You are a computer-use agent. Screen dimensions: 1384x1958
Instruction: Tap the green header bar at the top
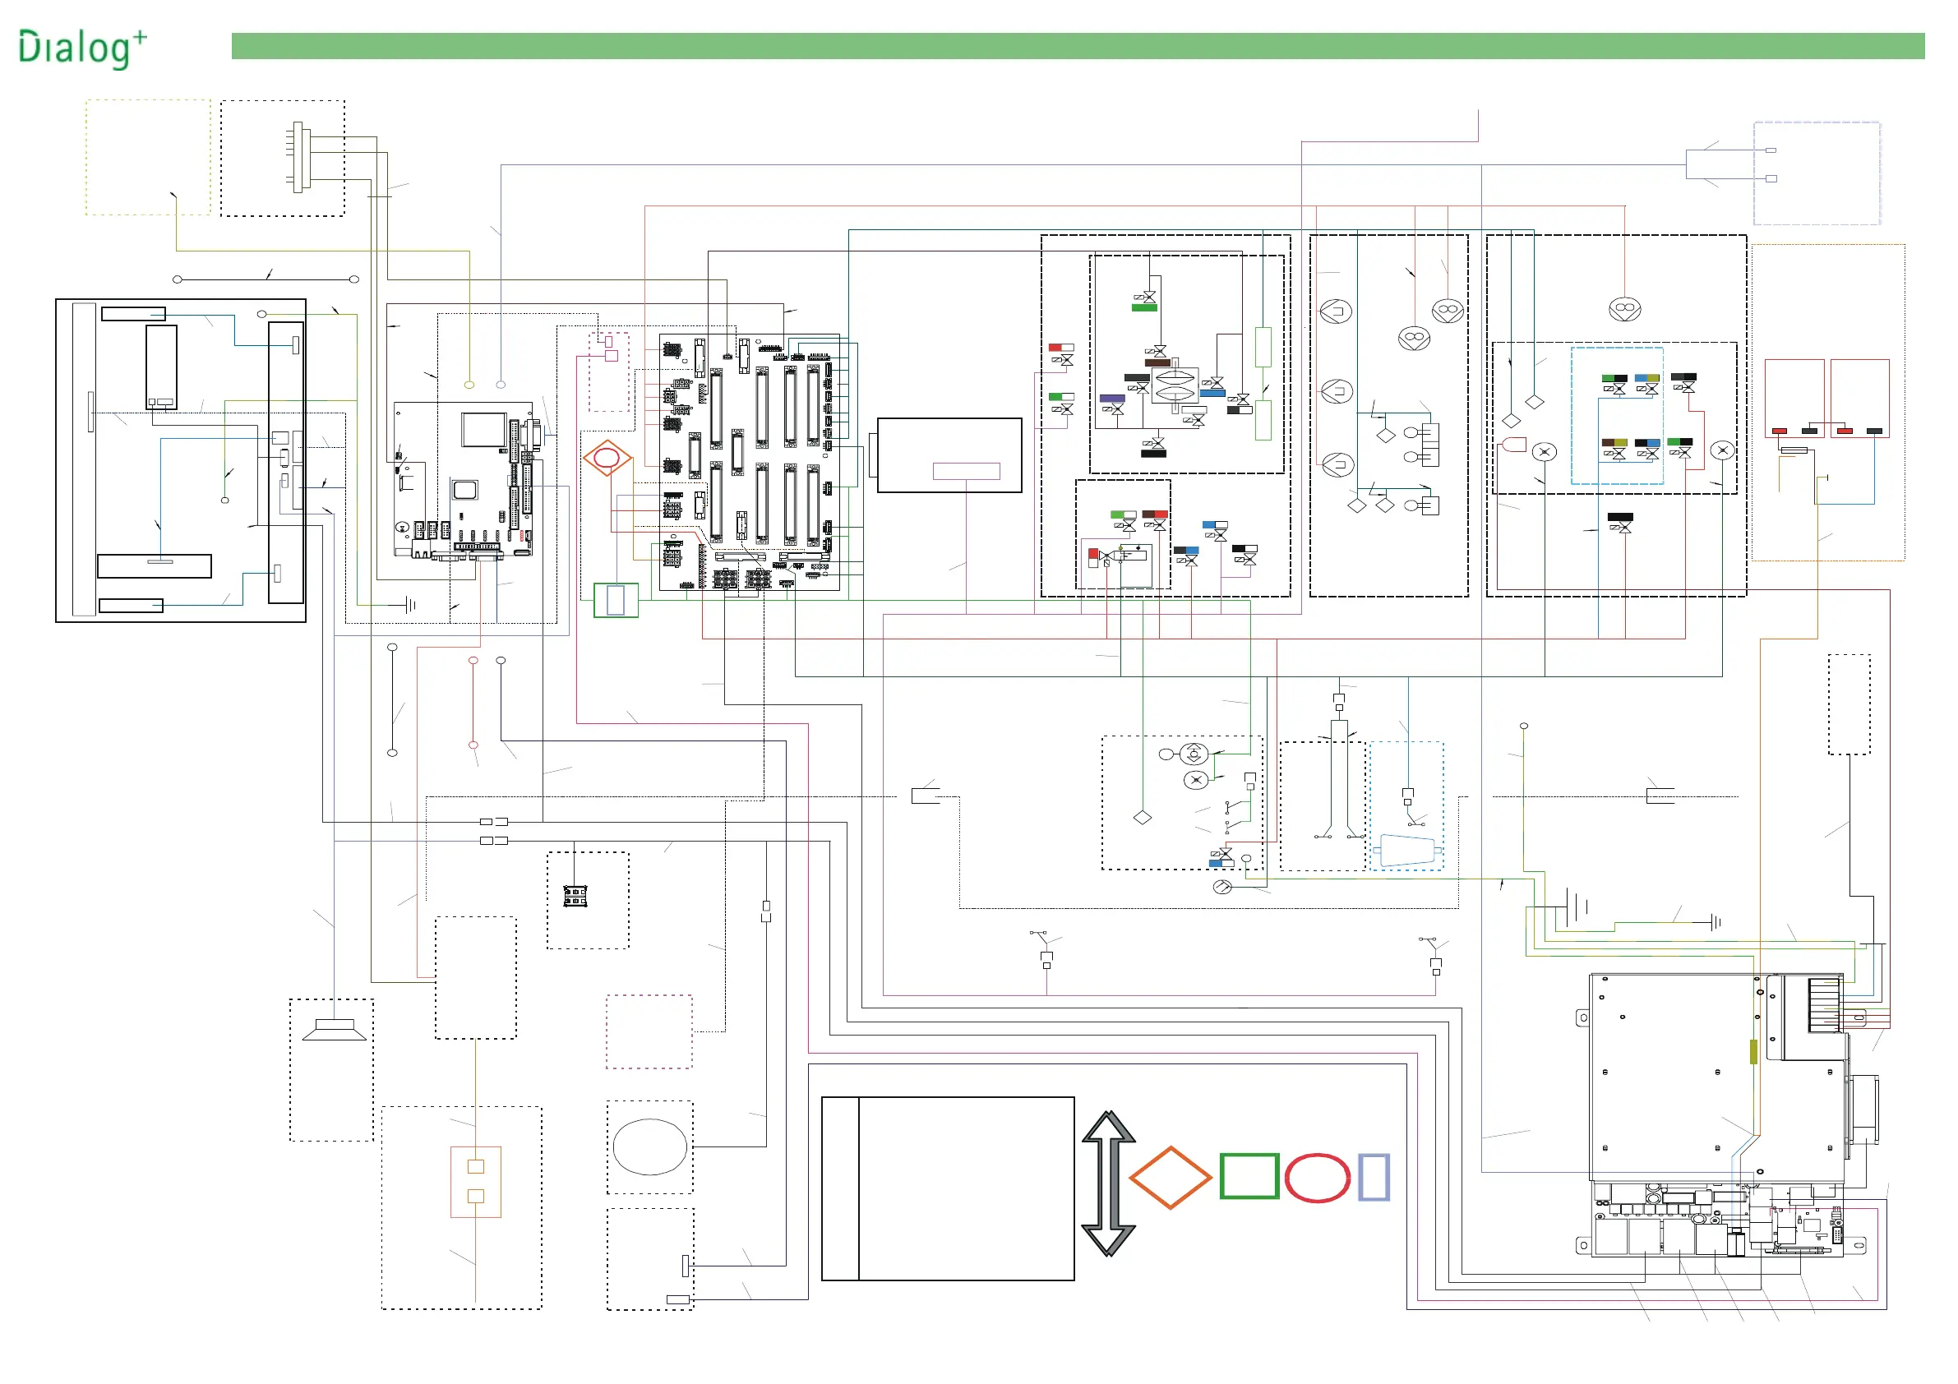[x=1077, y=46]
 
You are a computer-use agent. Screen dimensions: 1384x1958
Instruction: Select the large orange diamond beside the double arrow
[x=1170, y=1178]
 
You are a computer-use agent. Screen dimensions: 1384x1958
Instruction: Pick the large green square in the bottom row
[x=1249, y=1176]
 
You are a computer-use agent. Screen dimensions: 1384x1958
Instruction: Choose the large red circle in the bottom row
[x=1317, y=1178]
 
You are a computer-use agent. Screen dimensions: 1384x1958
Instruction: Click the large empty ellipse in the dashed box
[x=650, y=1146]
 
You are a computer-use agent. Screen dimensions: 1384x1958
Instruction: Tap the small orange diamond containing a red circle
[x=607, y=459]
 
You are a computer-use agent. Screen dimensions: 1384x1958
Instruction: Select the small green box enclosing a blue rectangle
[x=615, y=600]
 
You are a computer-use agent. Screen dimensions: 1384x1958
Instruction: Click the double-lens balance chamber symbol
[x=1175, y=385]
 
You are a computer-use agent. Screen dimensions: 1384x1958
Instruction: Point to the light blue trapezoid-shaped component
[x=1406, y=850]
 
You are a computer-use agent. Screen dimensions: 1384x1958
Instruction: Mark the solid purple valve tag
[x=1112, y=399]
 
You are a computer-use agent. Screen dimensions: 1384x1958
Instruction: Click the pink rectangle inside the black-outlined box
[x=965, y=471]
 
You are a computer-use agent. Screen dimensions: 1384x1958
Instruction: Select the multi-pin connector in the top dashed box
[x=298, y=158]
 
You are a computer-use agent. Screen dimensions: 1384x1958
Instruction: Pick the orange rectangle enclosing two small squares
[x=476, y=1181]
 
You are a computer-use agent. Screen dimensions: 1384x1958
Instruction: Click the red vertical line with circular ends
[x=473, y=703]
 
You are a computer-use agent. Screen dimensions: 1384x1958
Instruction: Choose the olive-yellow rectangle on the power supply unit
[x=1753, y=1051]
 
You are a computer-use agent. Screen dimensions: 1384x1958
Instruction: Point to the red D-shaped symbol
[x=1513, y=445]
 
